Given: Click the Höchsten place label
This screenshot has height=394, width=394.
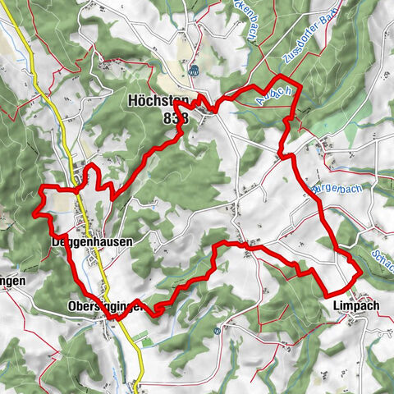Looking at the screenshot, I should tap(158, 101).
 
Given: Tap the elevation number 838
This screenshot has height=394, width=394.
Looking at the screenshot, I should tap(176, 117).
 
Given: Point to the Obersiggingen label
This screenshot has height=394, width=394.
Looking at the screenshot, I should tap(104, 307).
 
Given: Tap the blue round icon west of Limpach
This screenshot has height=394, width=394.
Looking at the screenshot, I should tap(216, 331).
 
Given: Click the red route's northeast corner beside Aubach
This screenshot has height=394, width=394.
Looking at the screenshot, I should tap(298, 85).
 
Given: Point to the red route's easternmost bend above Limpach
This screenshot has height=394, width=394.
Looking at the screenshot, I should tap(360, 271).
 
